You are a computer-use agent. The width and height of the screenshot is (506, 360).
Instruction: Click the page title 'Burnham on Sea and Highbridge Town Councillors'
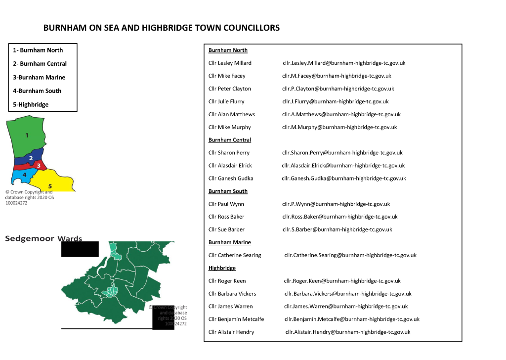click(161, 28)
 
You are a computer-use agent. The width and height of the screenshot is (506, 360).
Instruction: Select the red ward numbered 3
click(38, 165)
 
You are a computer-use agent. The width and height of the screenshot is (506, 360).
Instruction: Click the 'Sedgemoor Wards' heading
click(43, 239)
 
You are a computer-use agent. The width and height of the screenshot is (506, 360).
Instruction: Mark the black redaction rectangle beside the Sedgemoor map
click(80, 249)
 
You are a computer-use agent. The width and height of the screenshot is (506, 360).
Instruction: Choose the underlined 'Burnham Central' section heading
click(229, 140)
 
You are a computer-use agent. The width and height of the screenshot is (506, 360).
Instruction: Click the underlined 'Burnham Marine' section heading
click(229, 242)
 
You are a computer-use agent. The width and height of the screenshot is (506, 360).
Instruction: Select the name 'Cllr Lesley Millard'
click(230, 63)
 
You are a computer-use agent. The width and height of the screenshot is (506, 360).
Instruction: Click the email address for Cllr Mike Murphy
click(339, 127)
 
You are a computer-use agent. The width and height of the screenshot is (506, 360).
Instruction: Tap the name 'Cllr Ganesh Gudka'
click(231, 178)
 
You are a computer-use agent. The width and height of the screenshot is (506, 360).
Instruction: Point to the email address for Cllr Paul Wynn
click(336, 204)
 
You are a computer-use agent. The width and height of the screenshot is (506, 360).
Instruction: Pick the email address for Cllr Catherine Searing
click(350, 255)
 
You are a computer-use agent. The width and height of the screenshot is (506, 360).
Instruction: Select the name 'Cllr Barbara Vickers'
click(232, 294)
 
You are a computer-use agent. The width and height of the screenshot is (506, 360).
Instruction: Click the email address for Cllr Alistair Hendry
click(347, 332)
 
